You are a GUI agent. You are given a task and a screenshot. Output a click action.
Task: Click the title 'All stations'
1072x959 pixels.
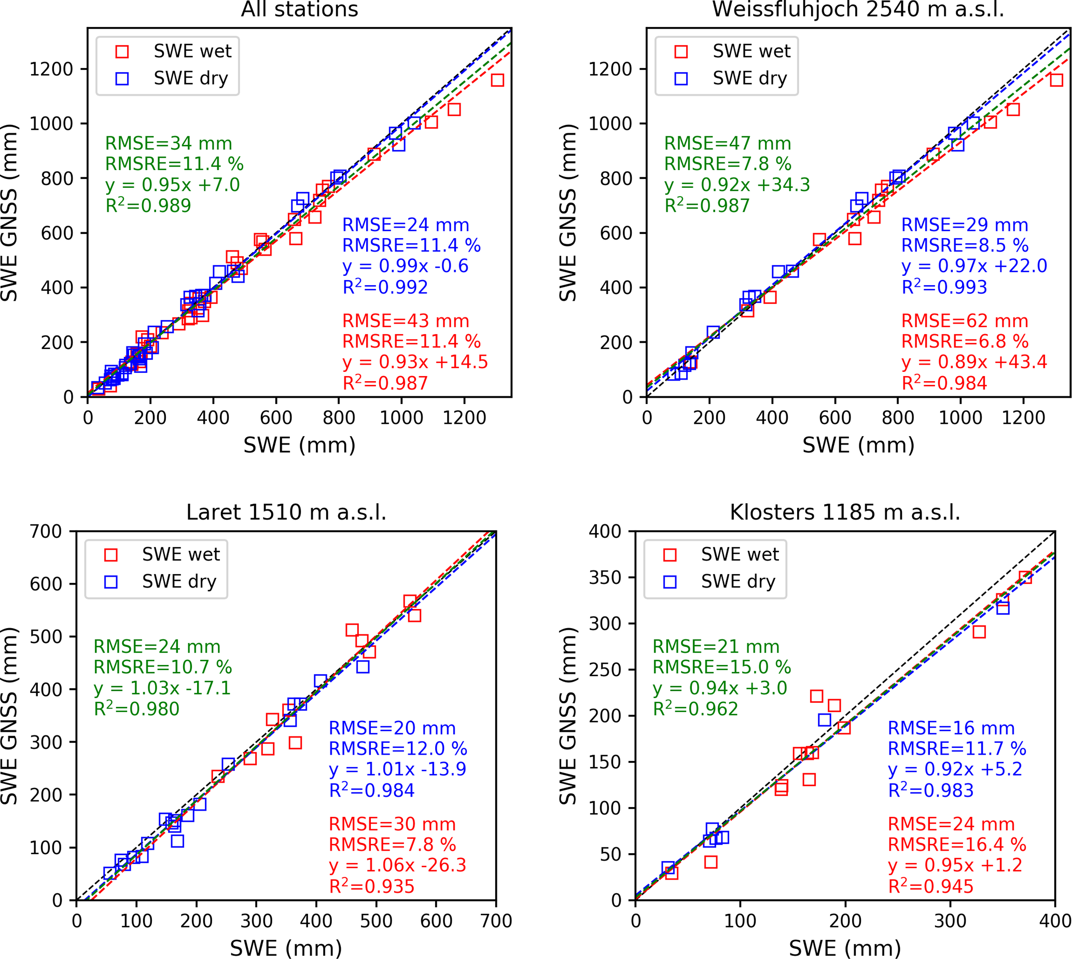pos(299,9)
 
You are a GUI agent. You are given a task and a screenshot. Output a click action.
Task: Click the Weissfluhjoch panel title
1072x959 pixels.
pos(858,9)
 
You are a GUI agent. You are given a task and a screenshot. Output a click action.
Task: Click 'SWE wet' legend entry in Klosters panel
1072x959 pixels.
pos(739,554)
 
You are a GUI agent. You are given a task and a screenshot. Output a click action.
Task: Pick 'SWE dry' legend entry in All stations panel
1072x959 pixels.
pos(191,78)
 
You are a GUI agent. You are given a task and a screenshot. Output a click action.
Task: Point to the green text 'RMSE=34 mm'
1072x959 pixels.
pos(169,144)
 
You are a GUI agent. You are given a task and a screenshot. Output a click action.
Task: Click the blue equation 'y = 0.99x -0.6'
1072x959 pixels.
pos(405,266)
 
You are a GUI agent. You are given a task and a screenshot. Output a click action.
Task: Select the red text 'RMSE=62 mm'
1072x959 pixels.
pos(965,321)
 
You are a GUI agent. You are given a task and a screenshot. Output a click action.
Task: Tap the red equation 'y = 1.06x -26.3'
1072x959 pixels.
pos(398,865)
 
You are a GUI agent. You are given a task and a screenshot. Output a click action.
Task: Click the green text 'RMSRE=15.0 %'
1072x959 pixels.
pos(722,668)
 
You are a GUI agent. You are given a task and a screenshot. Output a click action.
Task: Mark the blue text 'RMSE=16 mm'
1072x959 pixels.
pos(951,728)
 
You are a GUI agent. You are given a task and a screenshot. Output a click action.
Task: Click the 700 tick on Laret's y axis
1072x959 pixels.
pos(46,532)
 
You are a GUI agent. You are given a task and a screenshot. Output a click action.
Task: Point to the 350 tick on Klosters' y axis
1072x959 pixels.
pos(605,577)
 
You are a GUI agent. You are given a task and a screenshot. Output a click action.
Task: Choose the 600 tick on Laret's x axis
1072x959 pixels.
pos(436,921)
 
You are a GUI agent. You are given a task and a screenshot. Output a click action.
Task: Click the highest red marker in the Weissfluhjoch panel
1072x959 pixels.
pos(1056,80)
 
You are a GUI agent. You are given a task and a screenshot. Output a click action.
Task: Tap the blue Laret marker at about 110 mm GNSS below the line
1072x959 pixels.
pos(177,841)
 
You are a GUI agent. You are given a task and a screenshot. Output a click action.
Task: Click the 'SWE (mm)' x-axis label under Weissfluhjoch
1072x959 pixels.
pos(858,446)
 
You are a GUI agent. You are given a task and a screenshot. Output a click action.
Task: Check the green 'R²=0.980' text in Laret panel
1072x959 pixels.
pos(136,709)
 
